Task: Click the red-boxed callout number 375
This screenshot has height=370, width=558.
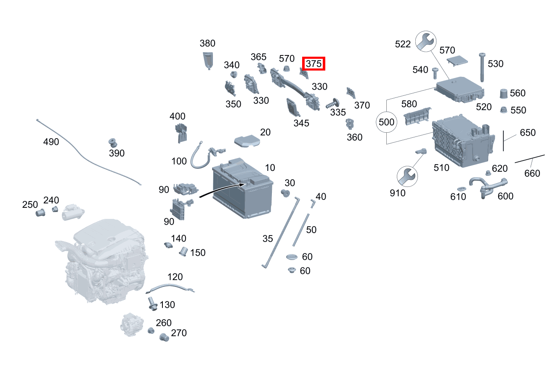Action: coord(314,64)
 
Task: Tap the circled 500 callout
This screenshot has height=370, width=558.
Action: coord(386,122)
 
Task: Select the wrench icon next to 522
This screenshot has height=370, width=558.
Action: coord(426,41)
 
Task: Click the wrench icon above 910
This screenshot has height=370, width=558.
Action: coord(407,176)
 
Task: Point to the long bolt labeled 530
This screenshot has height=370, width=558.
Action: coord(482,67)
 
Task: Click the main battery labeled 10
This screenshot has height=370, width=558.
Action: coord(243,188)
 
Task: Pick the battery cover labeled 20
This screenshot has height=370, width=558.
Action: coord(247,141)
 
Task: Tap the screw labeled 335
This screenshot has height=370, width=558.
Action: coord(332,103)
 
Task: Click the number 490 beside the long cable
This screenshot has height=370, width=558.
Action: coord(51,142)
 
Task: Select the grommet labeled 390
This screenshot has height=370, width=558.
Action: coord(113,143)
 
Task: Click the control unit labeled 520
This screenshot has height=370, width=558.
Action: coord(460,89)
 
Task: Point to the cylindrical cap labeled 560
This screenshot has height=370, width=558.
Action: coord(504,94)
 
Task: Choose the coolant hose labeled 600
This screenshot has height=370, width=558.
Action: coord(488,188)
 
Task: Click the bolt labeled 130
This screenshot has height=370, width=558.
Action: coord(152,304)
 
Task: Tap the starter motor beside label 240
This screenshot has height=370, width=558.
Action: coord(73,212)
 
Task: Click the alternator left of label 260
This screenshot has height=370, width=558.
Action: coord(132,325)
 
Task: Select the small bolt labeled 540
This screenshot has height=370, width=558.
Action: coord(435,73)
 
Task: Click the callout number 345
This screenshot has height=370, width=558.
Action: coord(301,123)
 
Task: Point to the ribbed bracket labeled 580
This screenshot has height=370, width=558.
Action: coord(417,116)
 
